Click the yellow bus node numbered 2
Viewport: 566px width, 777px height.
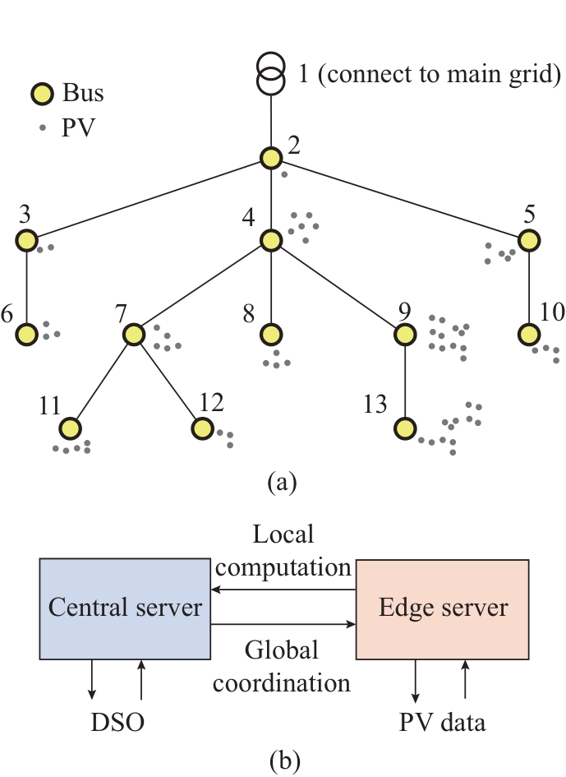point(271,158)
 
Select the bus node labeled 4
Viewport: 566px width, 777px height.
point(271,240)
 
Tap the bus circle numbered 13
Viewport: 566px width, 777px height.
point(404,428)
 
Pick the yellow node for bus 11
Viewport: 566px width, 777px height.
point(71,428)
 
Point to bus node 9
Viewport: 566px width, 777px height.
point(404,335)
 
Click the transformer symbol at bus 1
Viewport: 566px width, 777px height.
point(271,73)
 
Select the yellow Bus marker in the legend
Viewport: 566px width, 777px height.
point(44,94)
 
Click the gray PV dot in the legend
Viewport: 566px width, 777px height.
point(44,127)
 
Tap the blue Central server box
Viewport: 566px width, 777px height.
point(125,608)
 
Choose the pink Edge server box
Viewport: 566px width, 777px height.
point(442,608)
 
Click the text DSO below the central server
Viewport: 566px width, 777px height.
point(117,723)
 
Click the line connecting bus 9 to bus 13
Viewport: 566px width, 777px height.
point(404,382)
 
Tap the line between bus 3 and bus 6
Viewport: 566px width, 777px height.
point(27,288)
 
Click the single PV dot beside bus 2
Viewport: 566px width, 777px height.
point(284,174)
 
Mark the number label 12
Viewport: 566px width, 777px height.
point(210,402)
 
